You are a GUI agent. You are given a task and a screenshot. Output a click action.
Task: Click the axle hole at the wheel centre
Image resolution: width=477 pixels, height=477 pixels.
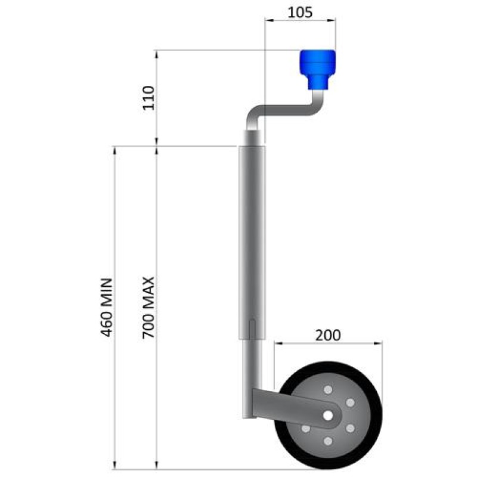click(327, 415)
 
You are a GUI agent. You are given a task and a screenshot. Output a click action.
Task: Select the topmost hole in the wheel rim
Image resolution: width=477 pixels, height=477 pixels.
click(327, 389)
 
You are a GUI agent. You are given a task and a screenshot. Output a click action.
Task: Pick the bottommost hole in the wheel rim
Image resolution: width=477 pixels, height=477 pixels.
click(327, 441)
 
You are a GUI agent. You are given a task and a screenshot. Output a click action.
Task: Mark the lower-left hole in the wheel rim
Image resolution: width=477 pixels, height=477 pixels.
click(305, 428)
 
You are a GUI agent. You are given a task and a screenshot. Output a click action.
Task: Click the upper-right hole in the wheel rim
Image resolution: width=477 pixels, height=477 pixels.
click(350, 402)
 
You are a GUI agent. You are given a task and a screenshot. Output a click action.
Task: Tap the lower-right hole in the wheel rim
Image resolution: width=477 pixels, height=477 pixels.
click(350, 428)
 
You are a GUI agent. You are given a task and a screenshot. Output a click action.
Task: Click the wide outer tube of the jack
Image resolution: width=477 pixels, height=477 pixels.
click(251, 238)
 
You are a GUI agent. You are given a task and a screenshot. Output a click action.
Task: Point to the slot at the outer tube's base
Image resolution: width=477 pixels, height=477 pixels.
click(253, 329)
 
